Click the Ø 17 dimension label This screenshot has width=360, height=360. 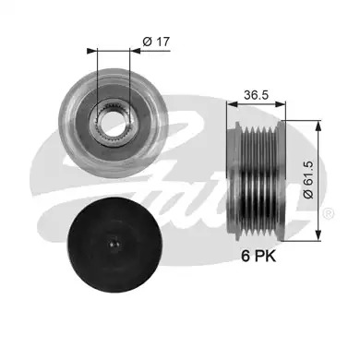[156, 42]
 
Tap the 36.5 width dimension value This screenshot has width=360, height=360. [256, 95]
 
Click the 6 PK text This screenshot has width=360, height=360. [258, 256]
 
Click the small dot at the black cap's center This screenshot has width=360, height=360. [114, 245]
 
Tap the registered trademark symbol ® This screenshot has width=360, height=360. [328, 214]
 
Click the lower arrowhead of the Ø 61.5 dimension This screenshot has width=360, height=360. [319, 236]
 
